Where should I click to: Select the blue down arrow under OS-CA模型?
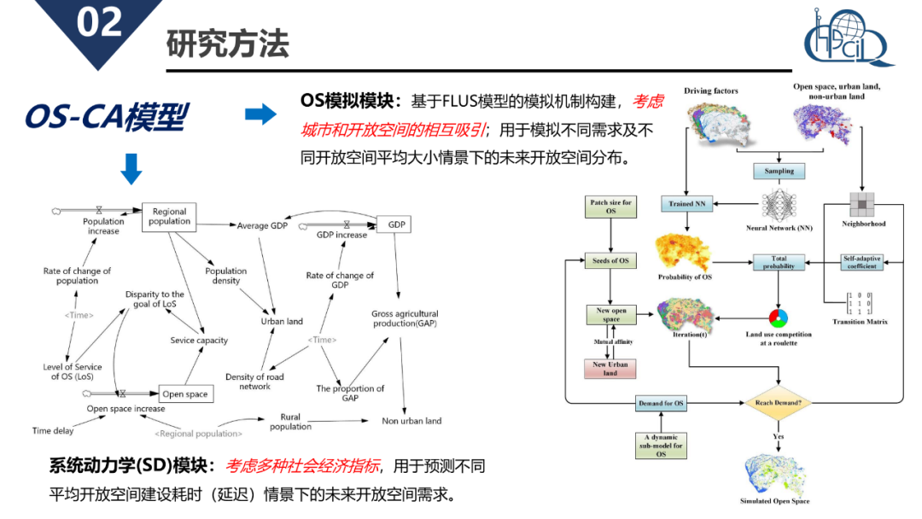[131, 169]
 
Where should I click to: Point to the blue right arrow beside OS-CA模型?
[260, 114]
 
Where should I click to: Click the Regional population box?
[169, 217]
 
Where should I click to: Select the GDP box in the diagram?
[396, 225]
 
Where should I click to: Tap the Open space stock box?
[185, 394]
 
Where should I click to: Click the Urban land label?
[282, 322]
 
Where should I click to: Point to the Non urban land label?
[411, 421]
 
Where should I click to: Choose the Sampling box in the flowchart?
[779, 171]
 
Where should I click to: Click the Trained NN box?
[688, 204]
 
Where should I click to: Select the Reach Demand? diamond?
[779, 402]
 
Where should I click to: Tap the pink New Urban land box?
[610, 369]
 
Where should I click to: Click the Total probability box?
[779, 262]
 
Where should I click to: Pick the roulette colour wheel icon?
[778, 318]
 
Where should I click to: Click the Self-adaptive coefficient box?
[862, 262]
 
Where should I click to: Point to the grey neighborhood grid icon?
[861, 203]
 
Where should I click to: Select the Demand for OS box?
[661, 403]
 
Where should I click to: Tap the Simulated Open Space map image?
[774, 473]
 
